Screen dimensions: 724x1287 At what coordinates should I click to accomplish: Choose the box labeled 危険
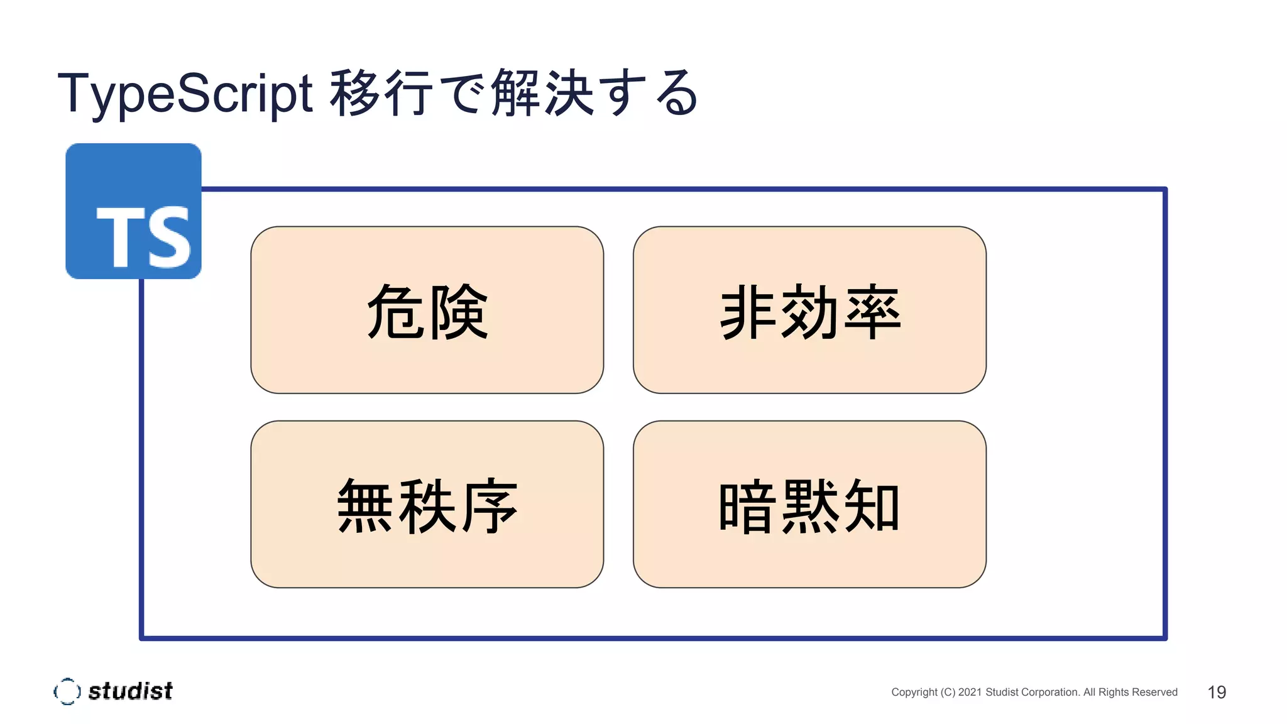[x=427, y=310]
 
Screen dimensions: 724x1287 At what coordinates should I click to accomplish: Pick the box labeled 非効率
[x=809, y=310]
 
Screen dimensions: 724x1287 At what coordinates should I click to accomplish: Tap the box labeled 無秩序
[x=427, y=504]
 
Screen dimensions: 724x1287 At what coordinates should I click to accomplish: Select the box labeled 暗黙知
[x=809, y=504]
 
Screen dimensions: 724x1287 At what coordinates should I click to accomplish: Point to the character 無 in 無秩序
[x=365, y=506]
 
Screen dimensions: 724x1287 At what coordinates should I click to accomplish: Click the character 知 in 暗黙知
[x=872, y=506]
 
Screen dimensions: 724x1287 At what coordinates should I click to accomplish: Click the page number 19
[x=1217, y=692]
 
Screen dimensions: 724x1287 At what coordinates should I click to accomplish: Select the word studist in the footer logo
[x=130, y=691]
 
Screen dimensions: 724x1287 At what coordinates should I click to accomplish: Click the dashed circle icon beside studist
[x=67, y=691]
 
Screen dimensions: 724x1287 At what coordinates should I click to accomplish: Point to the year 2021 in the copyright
[x=970, y=692]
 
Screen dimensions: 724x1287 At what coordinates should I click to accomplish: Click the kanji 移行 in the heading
[x=381, y=93]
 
